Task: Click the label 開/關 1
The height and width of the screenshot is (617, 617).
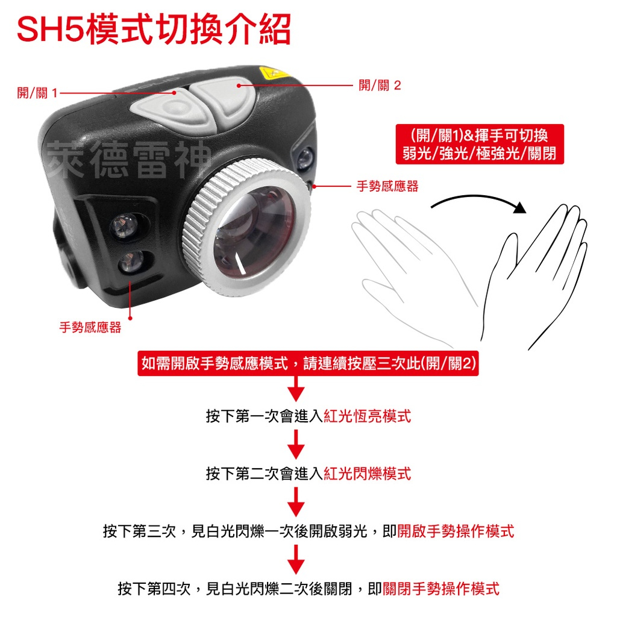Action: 37,93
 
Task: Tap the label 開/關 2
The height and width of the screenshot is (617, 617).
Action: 379,86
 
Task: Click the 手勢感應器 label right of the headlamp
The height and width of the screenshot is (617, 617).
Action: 387,187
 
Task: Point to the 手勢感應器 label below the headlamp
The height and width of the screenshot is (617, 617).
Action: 90,327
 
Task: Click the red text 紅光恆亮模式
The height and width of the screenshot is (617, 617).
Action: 367,416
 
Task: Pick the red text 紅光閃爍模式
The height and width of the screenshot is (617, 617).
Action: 367,474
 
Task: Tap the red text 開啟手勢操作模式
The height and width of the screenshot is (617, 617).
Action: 456,531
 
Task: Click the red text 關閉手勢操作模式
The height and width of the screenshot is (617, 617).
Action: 441,589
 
